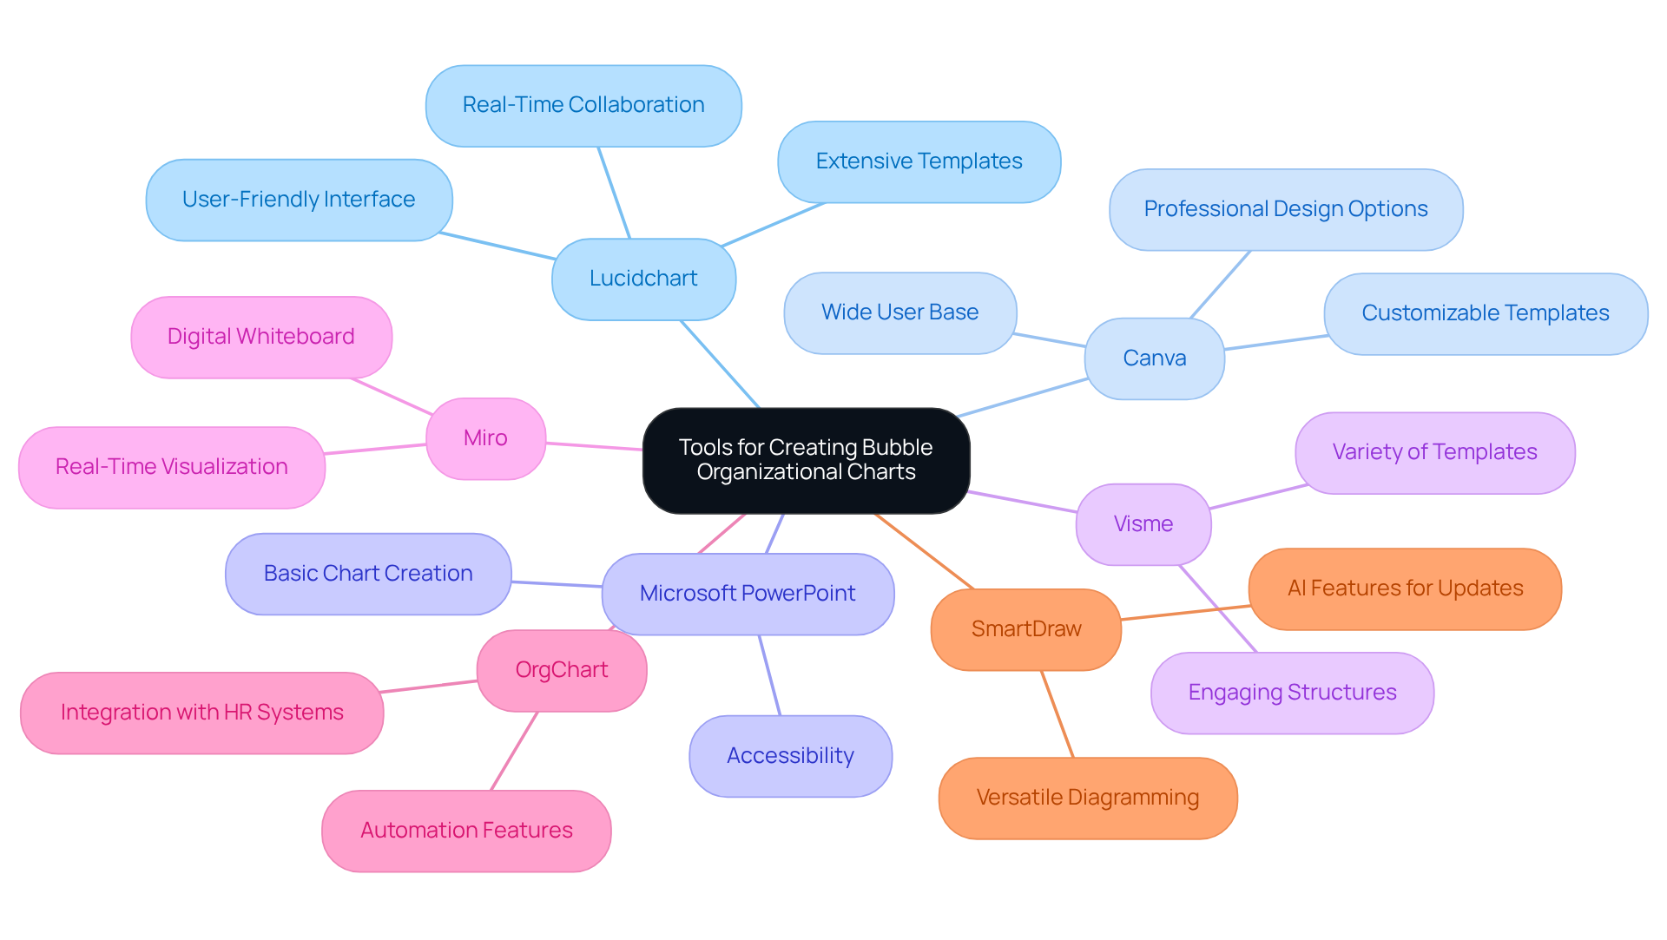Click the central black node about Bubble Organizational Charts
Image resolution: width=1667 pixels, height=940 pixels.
pos(806,460)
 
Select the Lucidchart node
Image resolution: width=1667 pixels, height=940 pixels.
pos(643,279)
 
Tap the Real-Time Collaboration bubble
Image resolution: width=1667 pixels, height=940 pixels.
pos(583,105)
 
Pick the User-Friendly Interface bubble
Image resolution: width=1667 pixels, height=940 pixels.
pos(299,200)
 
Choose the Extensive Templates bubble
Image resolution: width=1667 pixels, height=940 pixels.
pos(919,161)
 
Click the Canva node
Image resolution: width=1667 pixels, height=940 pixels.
pos(1154,358)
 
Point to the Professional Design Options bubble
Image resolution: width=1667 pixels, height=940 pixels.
pos(1286,209)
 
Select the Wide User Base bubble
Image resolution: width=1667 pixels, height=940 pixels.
pos(899,312)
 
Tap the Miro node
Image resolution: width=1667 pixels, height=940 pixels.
pos(485,438)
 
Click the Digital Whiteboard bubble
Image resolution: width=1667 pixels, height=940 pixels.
pos(260,337)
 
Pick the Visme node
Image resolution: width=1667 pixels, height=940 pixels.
pos(1143,524)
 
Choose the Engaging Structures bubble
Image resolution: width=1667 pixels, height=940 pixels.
pos(1292,693)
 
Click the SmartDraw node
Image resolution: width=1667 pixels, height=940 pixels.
pos(1025,629)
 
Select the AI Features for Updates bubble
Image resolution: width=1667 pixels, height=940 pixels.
pos(1405,588)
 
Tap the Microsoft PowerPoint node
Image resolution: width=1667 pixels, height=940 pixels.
pos(748,594)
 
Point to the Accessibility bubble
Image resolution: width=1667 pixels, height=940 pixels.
pos(790,756)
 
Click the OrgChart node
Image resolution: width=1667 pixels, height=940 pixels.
pos(561,670)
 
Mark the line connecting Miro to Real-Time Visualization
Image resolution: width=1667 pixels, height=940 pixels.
pos(375,449)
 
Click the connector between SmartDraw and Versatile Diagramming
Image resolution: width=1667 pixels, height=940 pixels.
pos(1058,713)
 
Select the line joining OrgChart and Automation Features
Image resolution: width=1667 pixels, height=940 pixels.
pos(514,751)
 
